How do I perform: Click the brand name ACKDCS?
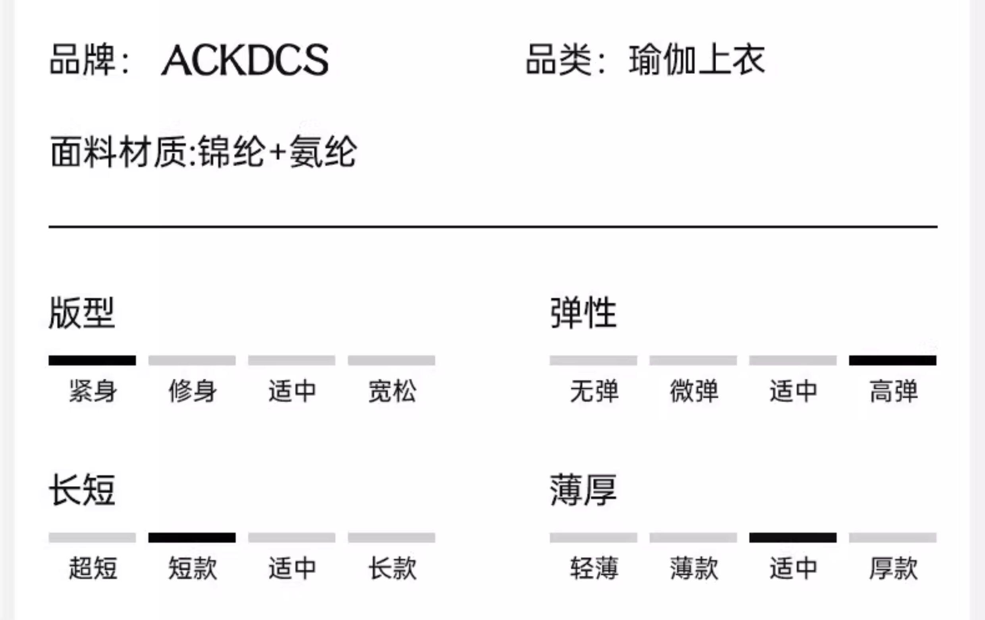[245, 60]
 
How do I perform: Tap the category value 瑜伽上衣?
[697, 60]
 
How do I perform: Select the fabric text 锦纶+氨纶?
[277, 152]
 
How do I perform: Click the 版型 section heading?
[82, 313]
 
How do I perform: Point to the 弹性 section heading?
[583, 313]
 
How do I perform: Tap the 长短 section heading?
[82, 490]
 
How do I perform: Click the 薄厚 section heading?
[583, 490]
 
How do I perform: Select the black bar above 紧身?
[92, 360]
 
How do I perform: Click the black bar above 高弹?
[892, 360]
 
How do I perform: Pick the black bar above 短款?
[192, 537]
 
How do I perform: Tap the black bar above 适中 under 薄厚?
[793, 537]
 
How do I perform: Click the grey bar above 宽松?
[392, 360]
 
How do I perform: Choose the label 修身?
[192, 391]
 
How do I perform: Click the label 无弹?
[594, 391]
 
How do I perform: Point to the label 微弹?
[694, 391]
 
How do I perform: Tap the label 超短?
[93, 568]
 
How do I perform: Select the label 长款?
[392, 568]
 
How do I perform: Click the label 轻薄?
[594, 568]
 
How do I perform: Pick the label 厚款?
[893, 568]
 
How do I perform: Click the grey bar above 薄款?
[693, 537]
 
